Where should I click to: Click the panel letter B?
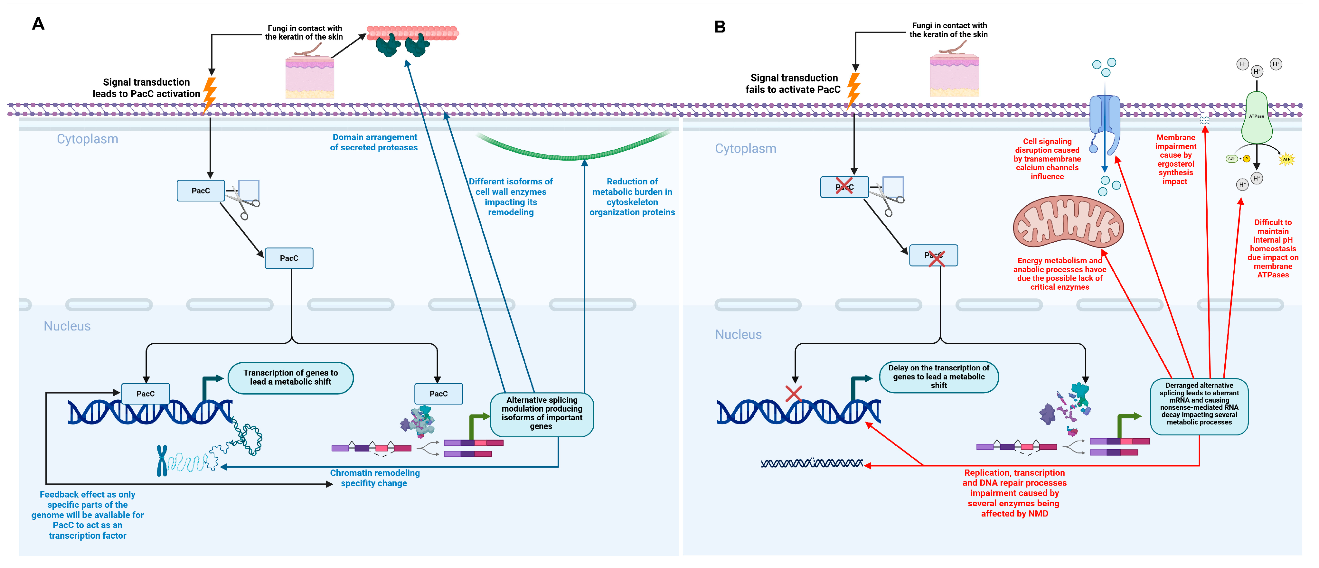click(x=720, y=27)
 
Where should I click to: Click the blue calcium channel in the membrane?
click(x=1105, y=123)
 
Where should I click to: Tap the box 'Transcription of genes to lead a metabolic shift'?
click(x=290, y=377)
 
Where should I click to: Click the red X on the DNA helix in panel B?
click(x=794, y=394)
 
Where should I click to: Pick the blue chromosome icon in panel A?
click(x=162, y=461)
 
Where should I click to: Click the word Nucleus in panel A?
click(x=67, y=326)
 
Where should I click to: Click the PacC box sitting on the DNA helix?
click(x=146, y=394)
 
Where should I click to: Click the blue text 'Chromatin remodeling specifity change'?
click(x=374, y=478)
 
